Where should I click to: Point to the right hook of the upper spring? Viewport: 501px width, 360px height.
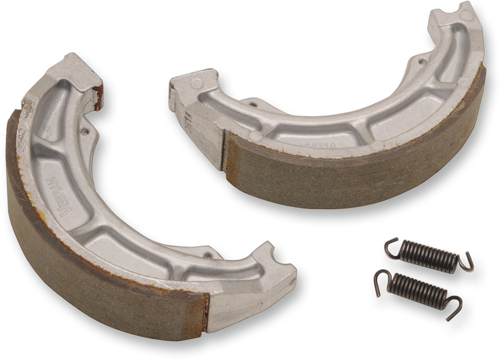coord(466,262)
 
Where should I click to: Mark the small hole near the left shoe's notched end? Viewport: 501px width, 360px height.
coord(209,255)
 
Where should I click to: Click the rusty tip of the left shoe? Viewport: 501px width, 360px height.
coord(97,97)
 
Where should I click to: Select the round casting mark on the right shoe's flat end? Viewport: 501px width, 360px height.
coord(196,83)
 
